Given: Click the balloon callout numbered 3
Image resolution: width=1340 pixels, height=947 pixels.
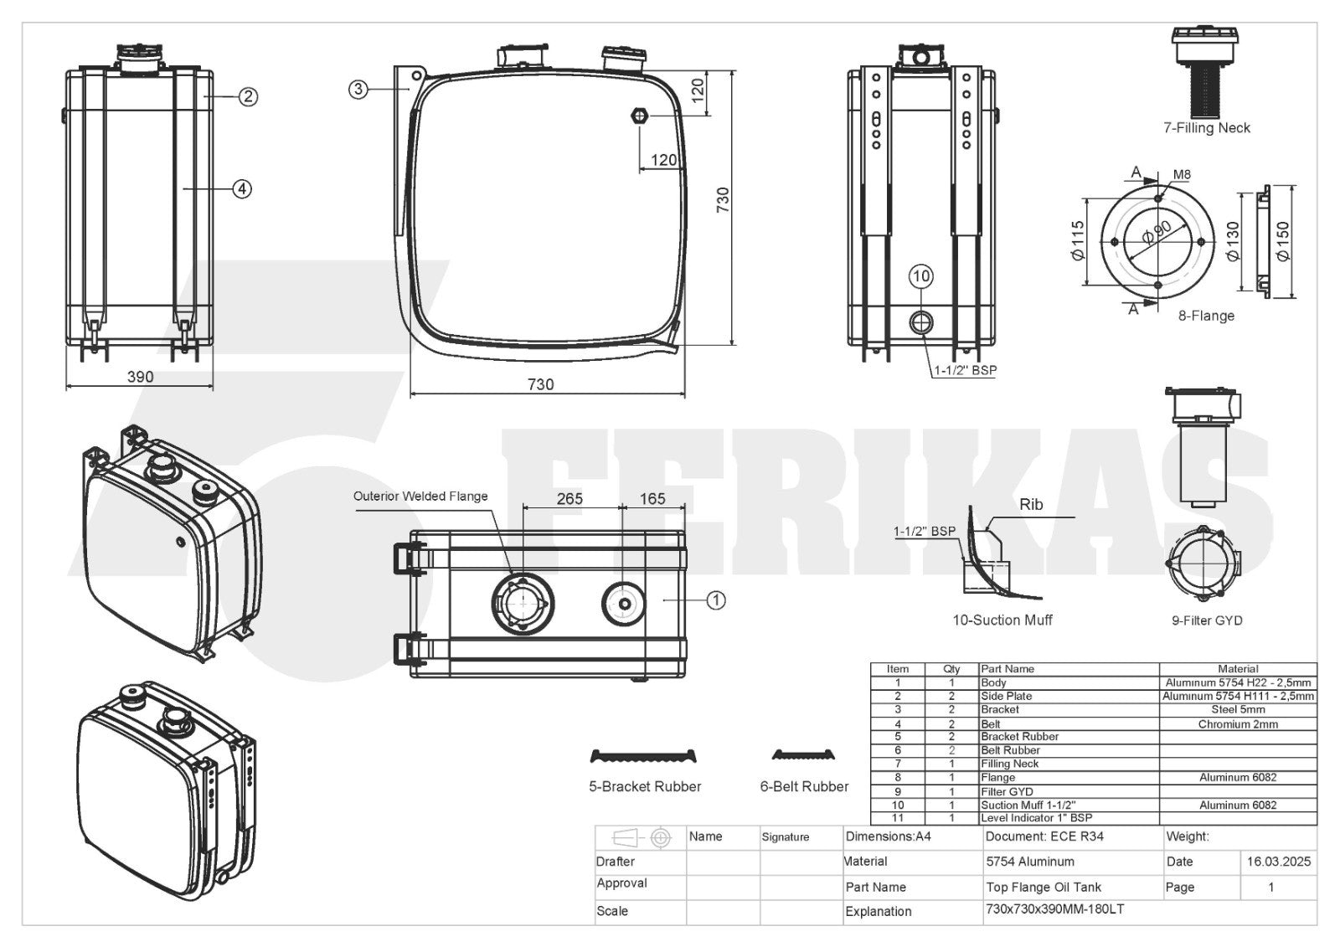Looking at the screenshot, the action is [x=358, y=90].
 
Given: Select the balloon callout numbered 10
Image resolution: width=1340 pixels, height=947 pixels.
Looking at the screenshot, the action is [x=920, y=276].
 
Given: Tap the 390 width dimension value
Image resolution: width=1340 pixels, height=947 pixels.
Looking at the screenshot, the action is [x=140, y=377].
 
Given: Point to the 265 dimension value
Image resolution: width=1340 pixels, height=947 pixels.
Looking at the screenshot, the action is [x=569, y=499].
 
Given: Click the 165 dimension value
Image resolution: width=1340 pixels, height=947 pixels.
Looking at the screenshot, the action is [x=652, y=499].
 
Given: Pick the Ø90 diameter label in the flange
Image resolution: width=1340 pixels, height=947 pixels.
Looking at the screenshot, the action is [x=1157, y=232].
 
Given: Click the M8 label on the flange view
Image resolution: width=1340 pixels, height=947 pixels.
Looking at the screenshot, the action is [x=1182, y=175].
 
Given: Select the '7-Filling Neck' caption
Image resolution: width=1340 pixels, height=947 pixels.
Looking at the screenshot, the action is [x=1207, y=128].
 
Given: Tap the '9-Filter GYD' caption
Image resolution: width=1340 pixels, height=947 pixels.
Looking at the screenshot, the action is [x=1207, y=621].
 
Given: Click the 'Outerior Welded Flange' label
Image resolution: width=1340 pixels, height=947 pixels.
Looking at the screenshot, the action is [x=420, y=496].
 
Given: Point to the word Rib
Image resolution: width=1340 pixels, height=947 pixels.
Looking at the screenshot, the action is [x=1031, y=504].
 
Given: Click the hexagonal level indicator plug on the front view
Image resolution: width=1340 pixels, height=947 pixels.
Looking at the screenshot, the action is [x=640, y=116].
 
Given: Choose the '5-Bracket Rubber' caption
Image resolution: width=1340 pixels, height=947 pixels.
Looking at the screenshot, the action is [x=645, y=787].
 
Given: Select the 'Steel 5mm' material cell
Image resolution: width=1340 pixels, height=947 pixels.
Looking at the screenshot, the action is [x=1238, y=709].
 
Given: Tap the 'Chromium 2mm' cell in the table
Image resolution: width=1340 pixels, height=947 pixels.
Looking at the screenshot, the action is [x=1238, y=724].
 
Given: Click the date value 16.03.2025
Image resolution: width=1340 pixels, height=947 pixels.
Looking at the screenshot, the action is [x=1278, y=862].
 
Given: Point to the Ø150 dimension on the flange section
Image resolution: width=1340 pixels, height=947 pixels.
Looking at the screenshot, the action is [x=1282, y=241].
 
